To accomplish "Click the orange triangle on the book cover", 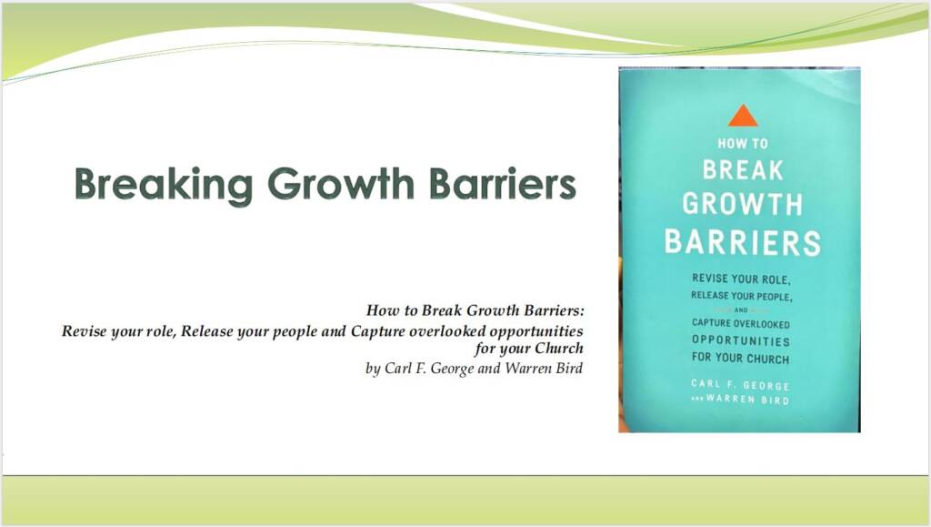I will point(743,116).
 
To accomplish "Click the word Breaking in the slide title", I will point(163,184).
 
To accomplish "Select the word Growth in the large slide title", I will point(339,184).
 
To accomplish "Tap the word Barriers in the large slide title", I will point(501,184).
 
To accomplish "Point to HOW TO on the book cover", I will point(743,143).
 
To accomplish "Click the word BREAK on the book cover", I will point(743,170).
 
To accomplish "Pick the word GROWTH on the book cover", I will point(743,204).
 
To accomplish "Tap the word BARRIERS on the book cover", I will point(743,243).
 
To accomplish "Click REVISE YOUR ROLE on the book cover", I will point(742,279).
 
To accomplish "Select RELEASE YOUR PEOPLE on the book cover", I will point(742,296).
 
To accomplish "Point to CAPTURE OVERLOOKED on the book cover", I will point(740,324).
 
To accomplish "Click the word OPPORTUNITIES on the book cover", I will point(740,341).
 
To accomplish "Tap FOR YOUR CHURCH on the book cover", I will point(740,359).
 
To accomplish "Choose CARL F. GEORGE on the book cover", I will point(740,386).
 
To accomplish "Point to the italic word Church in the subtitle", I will point(558,349).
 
